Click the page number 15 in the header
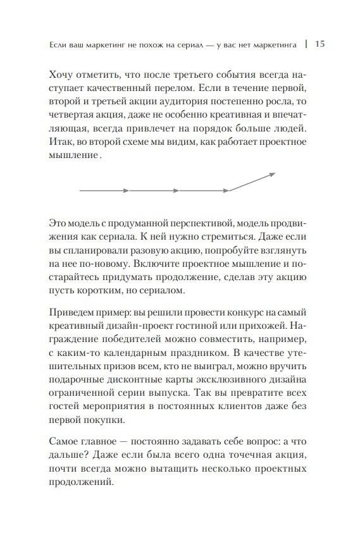320,44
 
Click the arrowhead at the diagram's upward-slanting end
272,174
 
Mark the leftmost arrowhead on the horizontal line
127,190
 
